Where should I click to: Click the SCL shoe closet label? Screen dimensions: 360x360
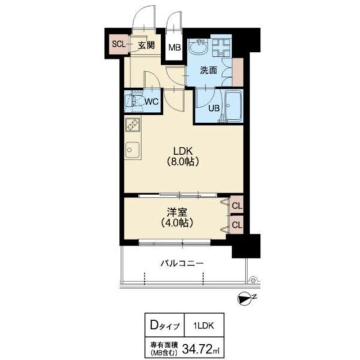(x=117, y=43)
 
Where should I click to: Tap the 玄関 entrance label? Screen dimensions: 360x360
(x=147, y=46)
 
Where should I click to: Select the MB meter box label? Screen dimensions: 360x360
(x=175, y=48)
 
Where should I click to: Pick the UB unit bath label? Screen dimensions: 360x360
(x=214, y=109)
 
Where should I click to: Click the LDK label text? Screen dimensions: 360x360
(x=183, y=151)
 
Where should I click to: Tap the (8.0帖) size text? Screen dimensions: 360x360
(x=183, y=162)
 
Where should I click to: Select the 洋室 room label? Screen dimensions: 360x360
(x=177, y=213)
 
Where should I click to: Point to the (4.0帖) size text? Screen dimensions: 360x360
(x=177, y=223)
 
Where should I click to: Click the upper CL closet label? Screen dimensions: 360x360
(x=237, y=206)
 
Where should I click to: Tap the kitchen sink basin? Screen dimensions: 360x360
(x=133, y=150)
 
